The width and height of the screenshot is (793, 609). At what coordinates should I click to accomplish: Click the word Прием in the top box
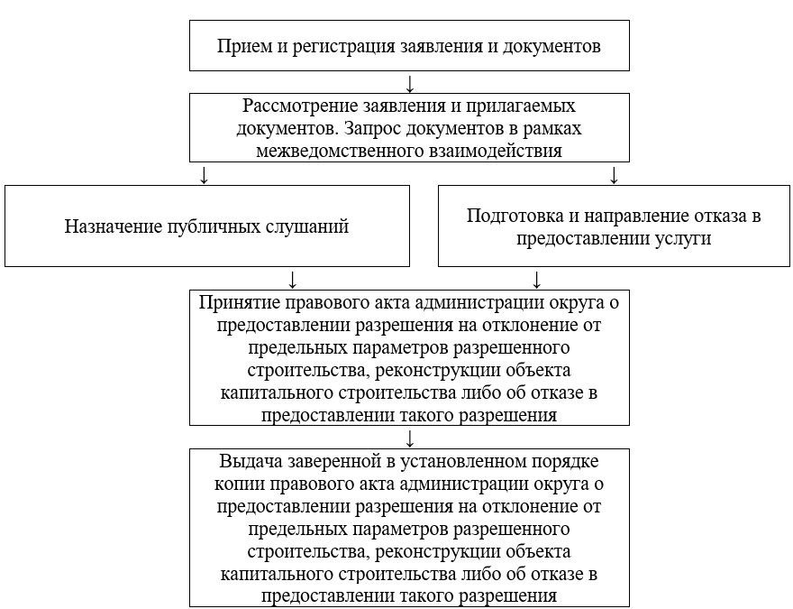tap(239, 46)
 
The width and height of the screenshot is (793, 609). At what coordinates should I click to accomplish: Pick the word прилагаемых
tap(529, 106)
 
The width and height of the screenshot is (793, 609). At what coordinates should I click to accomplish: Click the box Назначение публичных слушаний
tap(206, 226)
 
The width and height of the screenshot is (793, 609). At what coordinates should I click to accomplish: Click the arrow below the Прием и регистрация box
tap(410, 83)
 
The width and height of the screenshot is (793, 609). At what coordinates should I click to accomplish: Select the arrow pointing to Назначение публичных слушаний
tap(205, 174)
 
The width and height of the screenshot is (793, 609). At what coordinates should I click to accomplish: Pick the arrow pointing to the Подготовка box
tap(615, 174)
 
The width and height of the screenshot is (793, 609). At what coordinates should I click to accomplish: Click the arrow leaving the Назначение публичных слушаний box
tap(292, 278)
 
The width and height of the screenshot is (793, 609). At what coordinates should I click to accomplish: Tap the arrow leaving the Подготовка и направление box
tap(536, 278)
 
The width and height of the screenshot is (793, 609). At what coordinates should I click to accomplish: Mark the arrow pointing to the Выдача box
tap(410, 438)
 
